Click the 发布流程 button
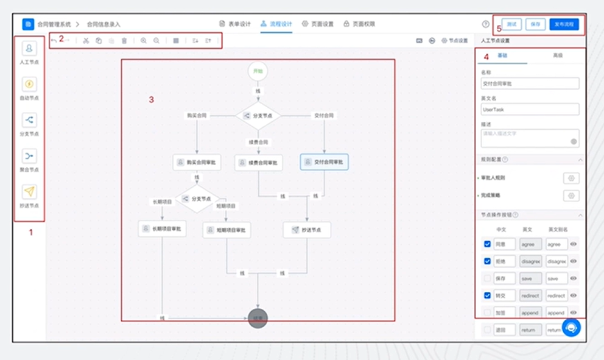coord(564,24)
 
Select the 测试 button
coord(512,24)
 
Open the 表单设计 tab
coord(235,24)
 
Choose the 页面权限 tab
coord(359,24)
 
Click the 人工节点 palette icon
coord(29,49)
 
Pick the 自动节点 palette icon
coord(29,84)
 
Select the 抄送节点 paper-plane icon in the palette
coord(29,192)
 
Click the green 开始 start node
coord(258,71)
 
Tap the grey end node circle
coord(258,318)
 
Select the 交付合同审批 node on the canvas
coord(324,162)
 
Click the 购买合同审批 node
coord(197,162)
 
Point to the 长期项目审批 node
coord(162,229)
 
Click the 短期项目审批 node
coord(226,230)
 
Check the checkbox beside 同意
coord(487,244)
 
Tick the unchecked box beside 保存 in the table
coord(487,278)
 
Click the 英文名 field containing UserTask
coord(530,109)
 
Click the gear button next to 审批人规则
coord(571,178)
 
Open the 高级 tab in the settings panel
coord(557,55)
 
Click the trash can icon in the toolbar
coord(124,41)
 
